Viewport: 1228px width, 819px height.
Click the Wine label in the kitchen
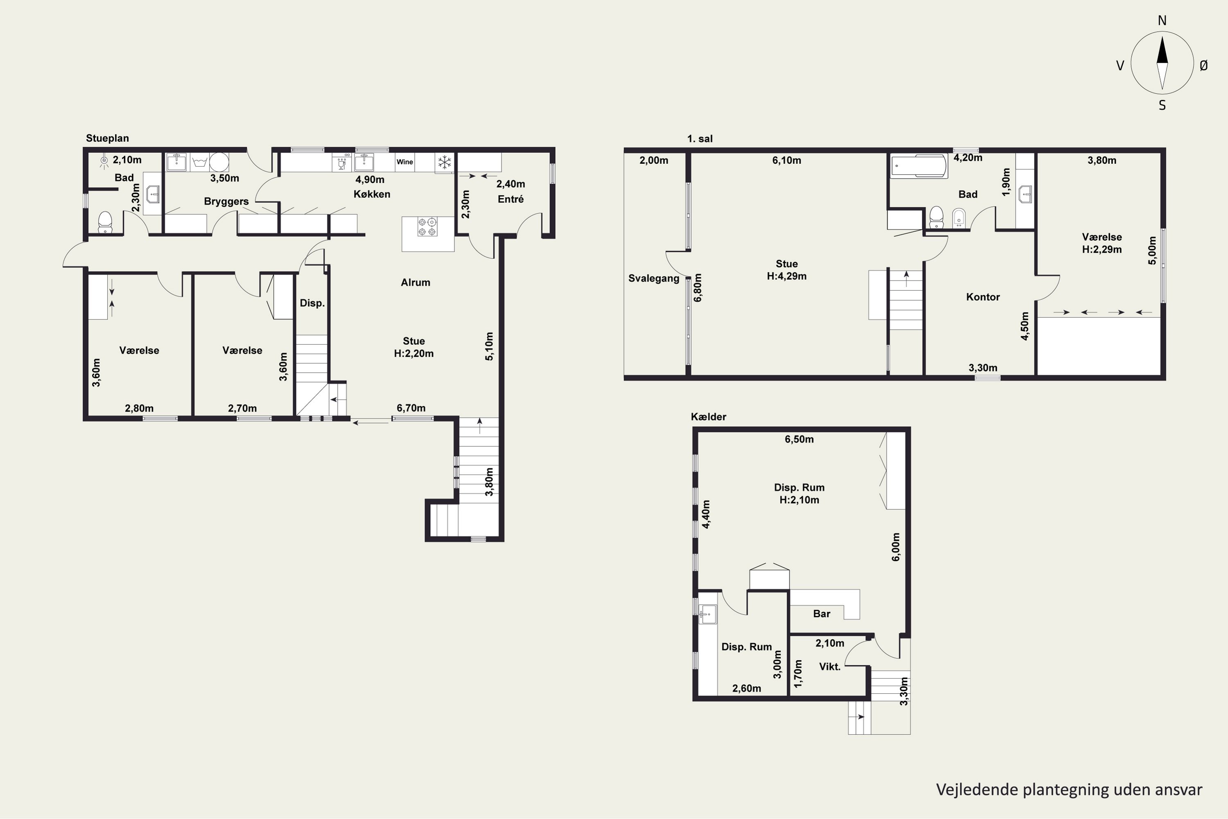click(x=405, y=162)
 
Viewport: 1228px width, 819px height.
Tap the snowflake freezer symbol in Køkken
click(x=444, y=163)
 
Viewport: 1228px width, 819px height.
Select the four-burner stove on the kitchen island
click(x=427, y=227)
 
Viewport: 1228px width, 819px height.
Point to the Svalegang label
click(x=654, y=278)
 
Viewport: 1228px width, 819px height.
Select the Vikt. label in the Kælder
click(x=830, y=667)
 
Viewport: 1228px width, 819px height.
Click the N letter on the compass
click(x=1162, y=20)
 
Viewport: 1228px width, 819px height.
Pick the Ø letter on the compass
click(x=1203, y=65)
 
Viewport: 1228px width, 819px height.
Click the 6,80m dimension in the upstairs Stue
click(x=698, y=288)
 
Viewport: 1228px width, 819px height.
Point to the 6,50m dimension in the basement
click(x=799, y=439)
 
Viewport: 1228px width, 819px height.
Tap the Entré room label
click(x=510, y=199)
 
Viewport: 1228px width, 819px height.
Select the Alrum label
click(x=415, y=283)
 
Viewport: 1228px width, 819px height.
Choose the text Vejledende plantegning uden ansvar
click(x=1069, y=789)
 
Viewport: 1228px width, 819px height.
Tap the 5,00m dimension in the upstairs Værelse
click(x=1152, y=251)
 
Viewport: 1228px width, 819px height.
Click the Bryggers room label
click(x=226, y=201)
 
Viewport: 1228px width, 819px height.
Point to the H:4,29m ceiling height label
click(x=787, y=276)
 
